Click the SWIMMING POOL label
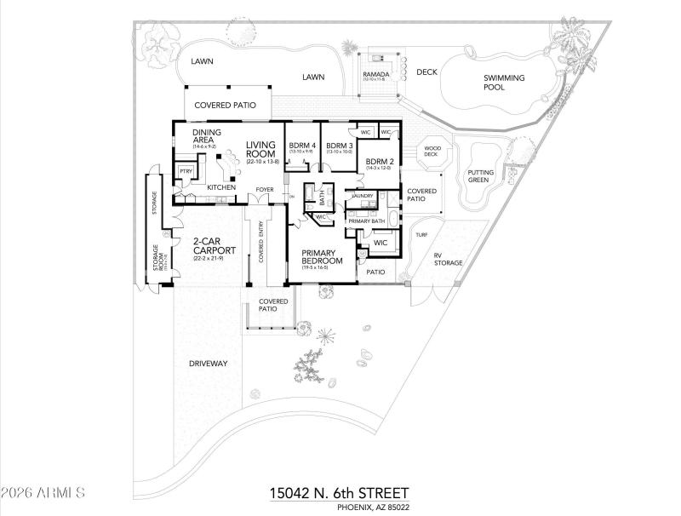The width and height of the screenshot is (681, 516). (x=505, y=82)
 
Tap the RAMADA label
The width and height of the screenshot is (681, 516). (x=376, y=74)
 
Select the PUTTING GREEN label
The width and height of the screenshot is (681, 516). (x=480, y=176)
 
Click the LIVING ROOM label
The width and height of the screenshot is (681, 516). (x=261, y=150)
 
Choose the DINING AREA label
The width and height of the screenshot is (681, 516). (x=208, y=136)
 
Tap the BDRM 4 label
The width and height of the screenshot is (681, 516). (x=302, y=146)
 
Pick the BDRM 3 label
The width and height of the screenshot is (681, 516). (x=340, y=146)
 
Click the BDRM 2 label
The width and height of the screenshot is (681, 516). (x=379, y=162)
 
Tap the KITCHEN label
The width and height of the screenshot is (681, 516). (x=221, y=187)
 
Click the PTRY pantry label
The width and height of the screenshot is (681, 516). (x=185, y=172)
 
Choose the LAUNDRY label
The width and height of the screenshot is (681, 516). (x=363, y=196)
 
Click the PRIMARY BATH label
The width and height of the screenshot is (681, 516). (x=367, y=221)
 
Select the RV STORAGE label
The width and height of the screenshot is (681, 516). (x=448, y=259)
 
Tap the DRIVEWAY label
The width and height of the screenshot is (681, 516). (x=208, y=364)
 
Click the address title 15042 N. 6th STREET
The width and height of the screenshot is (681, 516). (x=340, y=493)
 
